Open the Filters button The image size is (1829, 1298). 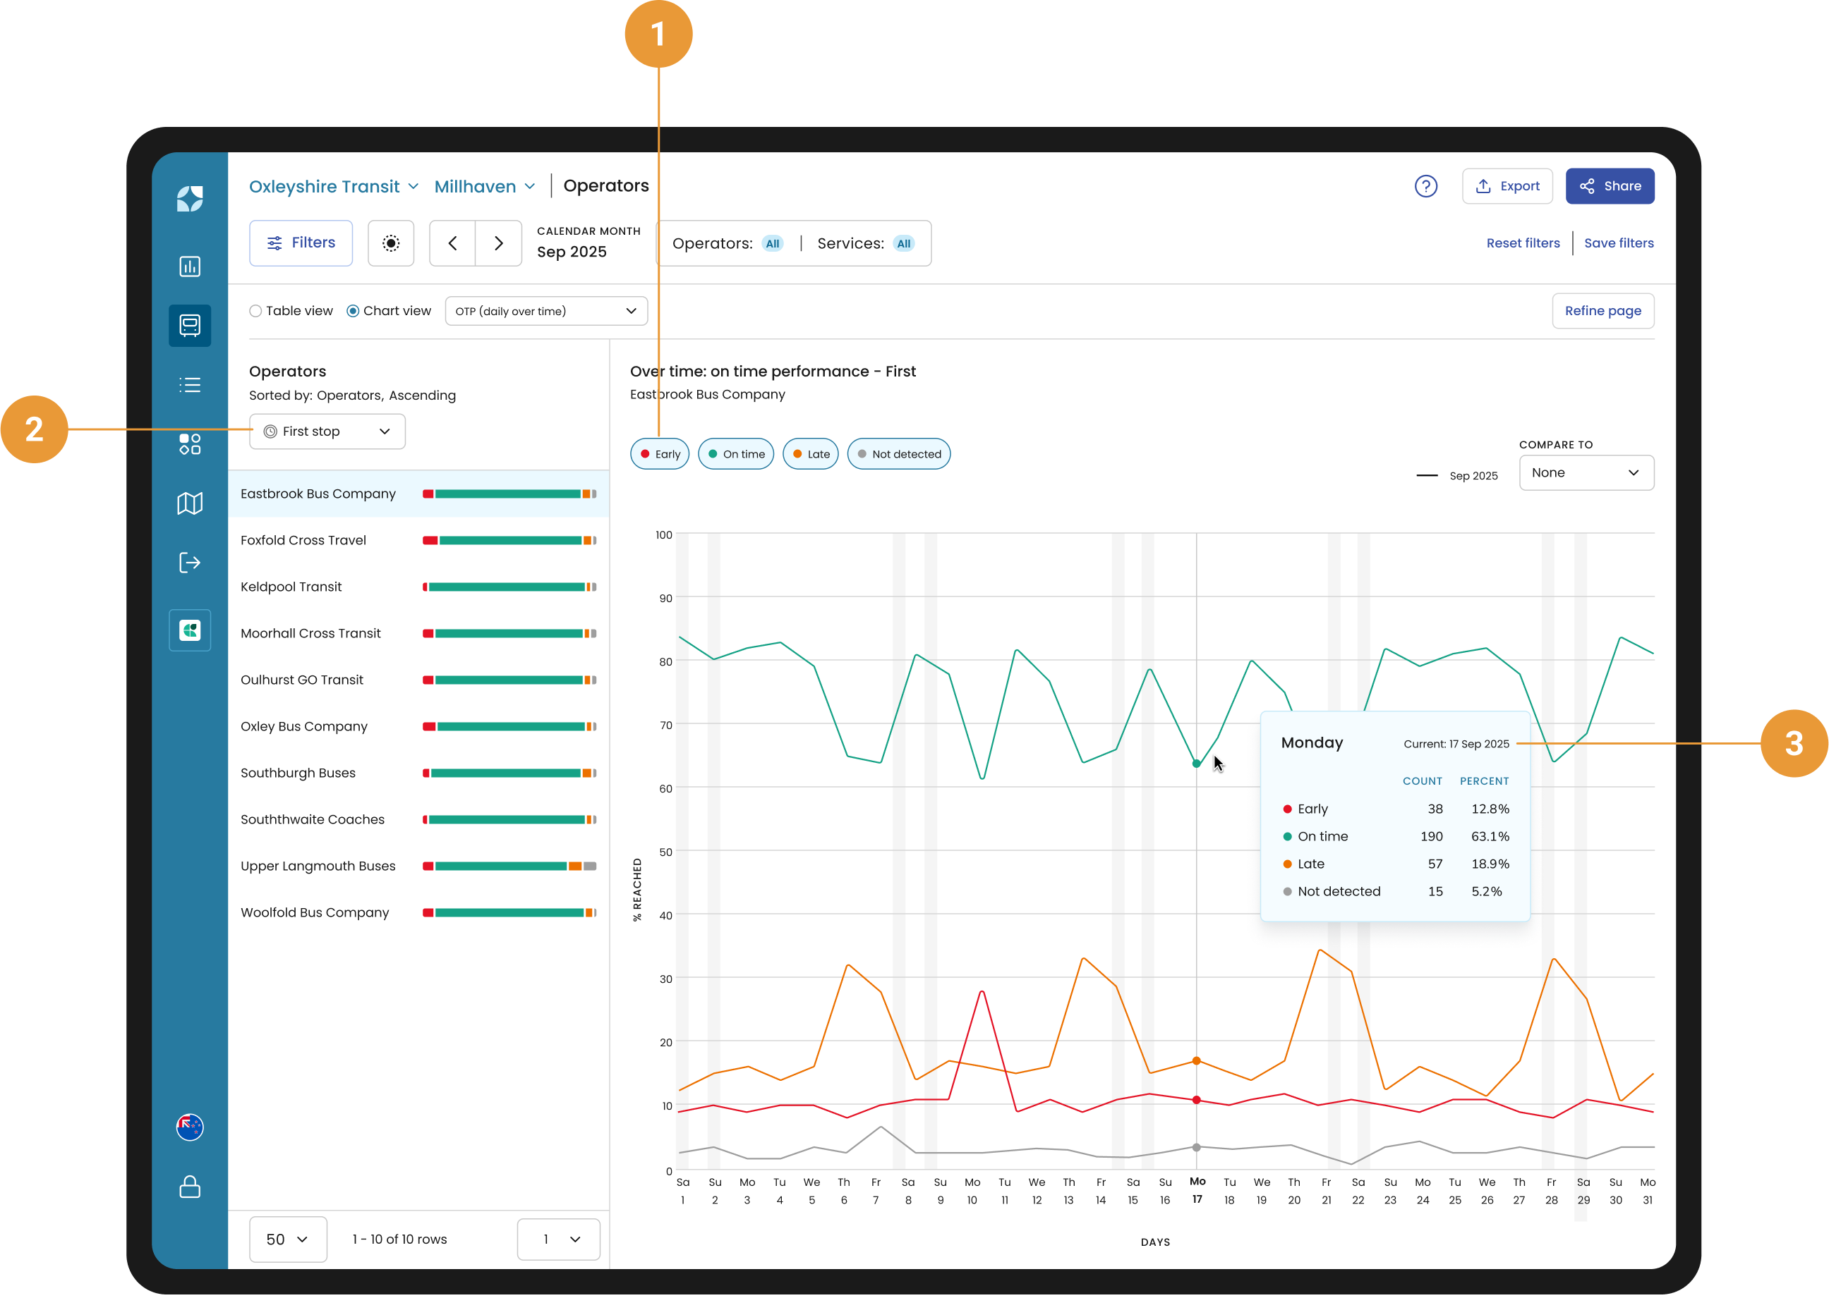pyautogui.click(x=301, y=243)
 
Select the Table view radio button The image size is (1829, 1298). pyautogui.click(x=256, y=311)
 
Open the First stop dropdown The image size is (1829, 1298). pyautogui.click(x=327, y=431)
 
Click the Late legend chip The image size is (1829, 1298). pyautogui.click(x=810, y=454)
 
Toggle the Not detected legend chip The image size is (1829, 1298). pyautogui.click(x=898, y=454)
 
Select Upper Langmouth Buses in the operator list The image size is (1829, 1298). pyautogui.click(x=318, y=866)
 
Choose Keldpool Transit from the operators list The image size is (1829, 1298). pyautogui.click(x=291, y=587)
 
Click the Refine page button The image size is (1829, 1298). pyautogui.click(x=1602, y=311)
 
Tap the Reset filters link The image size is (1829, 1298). pyautogui.click(x=1523, y=243)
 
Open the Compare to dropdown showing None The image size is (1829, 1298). pyautogui.click(x=1586, y=473)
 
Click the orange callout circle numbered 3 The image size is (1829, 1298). pyautogui.click(x=1794, y=743)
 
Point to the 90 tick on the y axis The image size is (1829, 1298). pyautogui.click(x=665, y=598)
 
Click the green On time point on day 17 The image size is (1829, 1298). pyautogui.click(x=1197, y=764)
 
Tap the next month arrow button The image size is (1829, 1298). pyautogui.click(x=498, y=243)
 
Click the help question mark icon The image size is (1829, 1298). pyautogui.click(x=1426, y=186)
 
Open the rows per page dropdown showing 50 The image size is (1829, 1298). pyautogui.click(x=288, y=1239)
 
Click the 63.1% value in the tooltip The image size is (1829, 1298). pyautogui.click(x=1490, y=836)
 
